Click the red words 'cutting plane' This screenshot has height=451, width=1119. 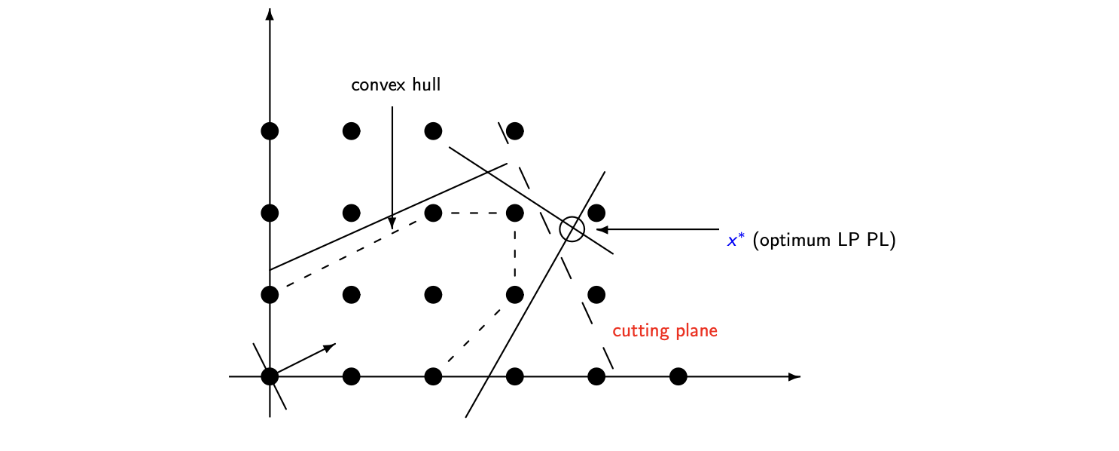tap(665, 331)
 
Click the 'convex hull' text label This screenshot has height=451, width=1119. tap(395, 84)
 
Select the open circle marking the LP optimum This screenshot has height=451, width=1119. tap(572, 229)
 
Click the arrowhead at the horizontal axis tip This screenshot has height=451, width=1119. tap(794, 376)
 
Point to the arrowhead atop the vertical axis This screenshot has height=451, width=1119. tap(270, 14)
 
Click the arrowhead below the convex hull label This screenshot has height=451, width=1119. tap(392, 222)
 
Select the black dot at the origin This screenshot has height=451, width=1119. tap(270, 376)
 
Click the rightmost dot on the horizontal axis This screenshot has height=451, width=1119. tap(678, 376)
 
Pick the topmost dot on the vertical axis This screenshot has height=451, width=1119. tap(270, 131)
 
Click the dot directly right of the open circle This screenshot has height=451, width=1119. tap(596, 213)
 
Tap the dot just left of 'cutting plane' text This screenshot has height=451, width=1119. tap(596, 294)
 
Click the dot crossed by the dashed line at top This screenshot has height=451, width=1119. tap(515, 131)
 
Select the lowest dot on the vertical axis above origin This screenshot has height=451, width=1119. tap(270, 294)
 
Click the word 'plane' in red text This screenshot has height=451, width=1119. tap(697, 331)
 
